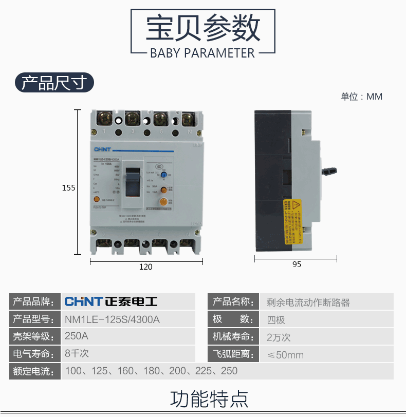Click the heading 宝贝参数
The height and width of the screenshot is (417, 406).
tap(203, 28)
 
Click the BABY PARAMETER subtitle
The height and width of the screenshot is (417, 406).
tap(202, 53)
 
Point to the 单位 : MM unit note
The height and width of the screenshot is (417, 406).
tap(361, 97)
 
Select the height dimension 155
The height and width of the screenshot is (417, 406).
tap(69, 188)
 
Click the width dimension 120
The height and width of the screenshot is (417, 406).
tap(146, 267)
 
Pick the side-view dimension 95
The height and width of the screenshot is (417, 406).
tap(297, 264)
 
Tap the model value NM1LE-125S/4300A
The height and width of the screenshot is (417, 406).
tap(113, 319)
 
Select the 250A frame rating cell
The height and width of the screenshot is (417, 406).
tap(77, 336)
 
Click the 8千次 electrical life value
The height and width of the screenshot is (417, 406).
tap(77, 353)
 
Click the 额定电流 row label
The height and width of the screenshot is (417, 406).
tap(33, 371)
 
